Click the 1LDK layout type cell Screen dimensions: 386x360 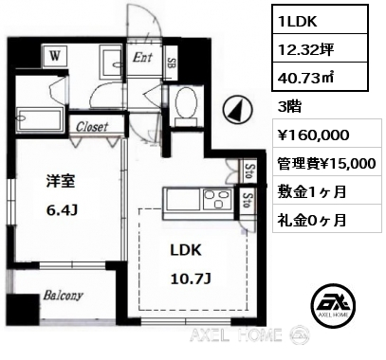coord(321,19)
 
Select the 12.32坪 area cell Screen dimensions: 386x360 coord(321,48)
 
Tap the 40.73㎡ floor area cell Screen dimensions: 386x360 coord(321,77)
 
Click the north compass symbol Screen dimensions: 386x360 coord(238,110)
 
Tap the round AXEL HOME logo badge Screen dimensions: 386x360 coord(334,304)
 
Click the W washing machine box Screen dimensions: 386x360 coord(55,56)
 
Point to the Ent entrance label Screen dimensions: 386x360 coord(142,58)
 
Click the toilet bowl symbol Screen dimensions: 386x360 coord(187,105)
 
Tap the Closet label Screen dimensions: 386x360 coord(92,127)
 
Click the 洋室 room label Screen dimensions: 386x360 coord(61,181)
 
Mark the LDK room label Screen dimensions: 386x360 coord(186,250)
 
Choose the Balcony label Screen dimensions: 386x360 coord(63,296)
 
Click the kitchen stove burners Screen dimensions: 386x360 coord(218,200)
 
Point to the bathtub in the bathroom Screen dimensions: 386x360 coord(40,118)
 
